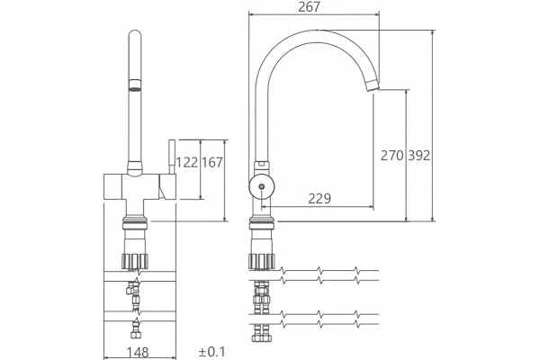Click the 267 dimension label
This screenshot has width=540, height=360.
click(x=309, y=7)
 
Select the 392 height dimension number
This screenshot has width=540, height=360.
click(x=419, y=156)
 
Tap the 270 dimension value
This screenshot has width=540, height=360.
click(x=391, y=156)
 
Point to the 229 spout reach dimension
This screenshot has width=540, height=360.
click(x=319, y=198)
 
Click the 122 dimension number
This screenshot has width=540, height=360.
click(x=187, y=162)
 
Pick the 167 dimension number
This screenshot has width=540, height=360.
click(x=212, y=162)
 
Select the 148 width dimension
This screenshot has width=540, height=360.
click(x=138, y=353)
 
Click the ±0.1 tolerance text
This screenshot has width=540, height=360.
click(x=211, y=352)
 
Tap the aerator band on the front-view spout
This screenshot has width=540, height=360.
click(x=135, y=85)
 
